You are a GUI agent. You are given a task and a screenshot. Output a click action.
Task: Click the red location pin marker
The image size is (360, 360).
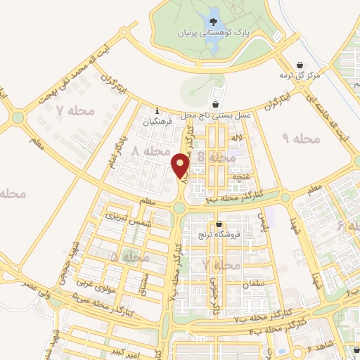click(180, 165)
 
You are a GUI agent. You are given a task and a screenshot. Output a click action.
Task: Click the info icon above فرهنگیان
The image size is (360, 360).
click(157, 110)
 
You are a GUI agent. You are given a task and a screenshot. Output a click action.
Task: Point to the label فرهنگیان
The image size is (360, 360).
click(157, 122)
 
